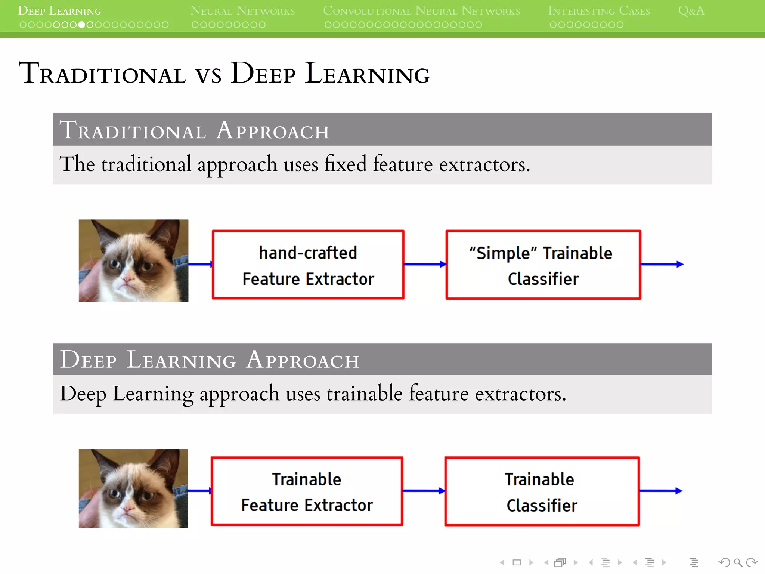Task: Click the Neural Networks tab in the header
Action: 242,11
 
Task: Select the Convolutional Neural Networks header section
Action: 421,11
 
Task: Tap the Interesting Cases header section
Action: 599,11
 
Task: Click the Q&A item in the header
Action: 691,11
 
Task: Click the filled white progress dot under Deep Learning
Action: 82,25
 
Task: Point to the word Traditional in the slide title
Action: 102,74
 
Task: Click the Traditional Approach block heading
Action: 194,130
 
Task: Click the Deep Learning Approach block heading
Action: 209,360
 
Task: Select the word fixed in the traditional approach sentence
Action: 345,164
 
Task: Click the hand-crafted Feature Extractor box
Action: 308,265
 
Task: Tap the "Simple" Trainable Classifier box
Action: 543,265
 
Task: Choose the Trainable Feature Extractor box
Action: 307,491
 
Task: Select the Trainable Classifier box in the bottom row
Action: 542,491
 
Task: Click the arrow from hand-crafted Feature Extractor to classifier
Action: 425,264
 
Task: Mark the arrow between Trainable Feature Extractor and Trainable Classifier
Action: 424,491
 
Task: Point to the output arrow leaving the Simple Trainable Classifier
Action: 662,264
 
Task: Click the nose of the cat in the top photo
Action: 129,278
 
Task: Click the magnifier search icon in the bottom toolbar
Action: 738,562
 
